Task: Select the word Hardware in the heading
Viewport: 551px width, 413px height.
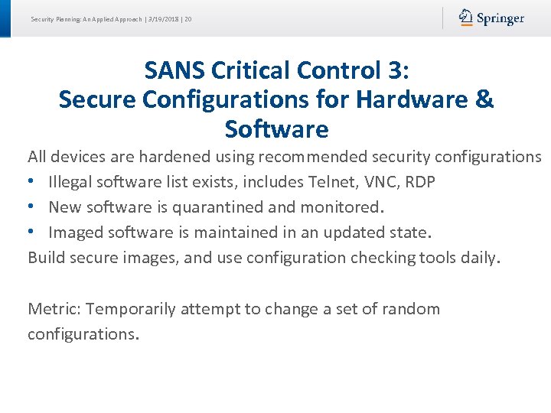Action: [x=413, y=100]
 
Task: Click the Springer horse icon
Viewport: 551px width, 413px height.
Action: [x=465, y=18]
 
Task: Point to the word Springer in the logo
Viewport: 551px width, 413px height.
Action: [x=500, y=18]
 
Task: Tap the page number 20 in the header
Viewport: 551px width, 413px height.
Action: [x=187, y=18]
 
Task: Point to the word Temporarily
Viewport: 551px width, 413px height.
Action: [x=131, y=309]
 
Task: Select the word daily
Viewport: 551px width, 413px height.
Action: [x=479, y=257]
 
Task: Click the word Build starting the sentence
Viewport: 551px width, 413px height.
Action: [x=46, y=257]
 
